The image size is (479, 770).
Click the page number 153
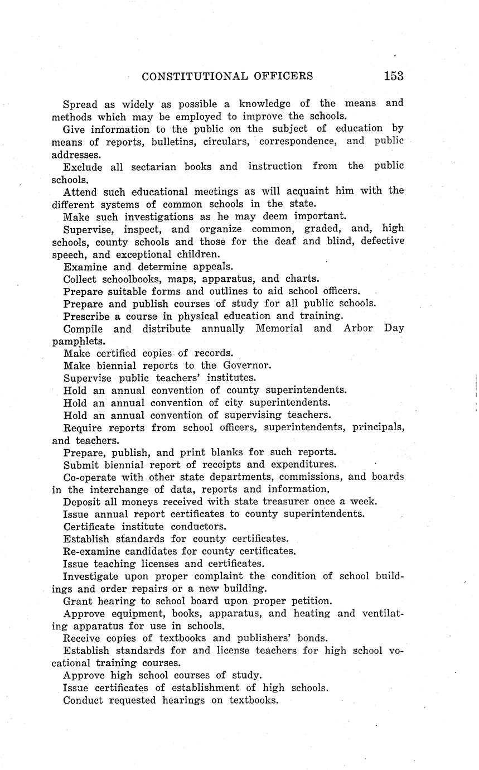[x=393, y=76]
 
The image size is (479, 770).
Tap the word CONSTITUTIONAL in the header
[x=195, y=76]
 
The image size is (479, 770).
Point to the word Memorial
[x=279, y=328]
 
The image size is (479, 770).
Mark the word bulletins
[x=172, y=141]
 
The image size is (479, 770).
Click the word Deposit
[x=83, y=502]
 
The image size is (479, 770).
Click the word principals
[x=371, y=428]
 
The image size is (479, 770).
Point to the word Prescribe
[x=87, y=316]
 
